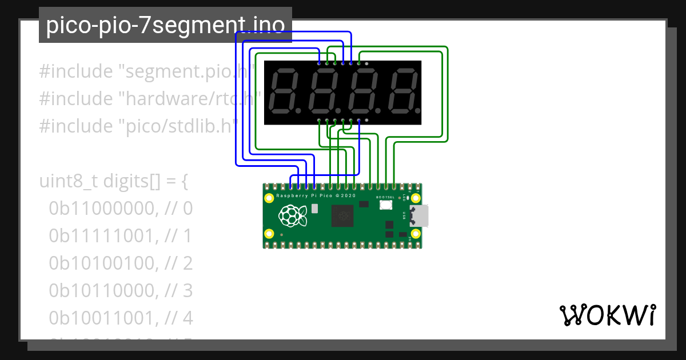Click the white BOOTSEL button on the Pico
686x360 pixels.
pos(385,205)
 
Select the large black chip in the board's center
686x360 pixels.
pos(344,216)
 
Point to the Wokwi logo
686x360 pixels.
pos(607,315)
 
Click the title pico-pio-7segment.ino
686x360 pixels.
pos(165,25)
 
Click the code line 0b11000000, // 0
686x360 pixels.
pos(121,209)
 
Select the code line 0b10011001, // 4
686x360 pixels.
pos(121,318)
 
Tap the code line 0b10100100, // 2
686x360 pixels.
pos(121,263)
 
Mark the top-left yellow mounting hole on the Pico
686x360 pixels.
pos(269,198)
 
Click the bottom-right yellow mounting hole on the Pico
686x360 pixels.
pos(416,233)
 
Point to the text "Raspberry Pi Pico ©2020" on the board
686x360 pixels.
pos(316,195)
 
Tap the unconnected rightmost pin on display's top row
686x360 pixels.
pos(366,63)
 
